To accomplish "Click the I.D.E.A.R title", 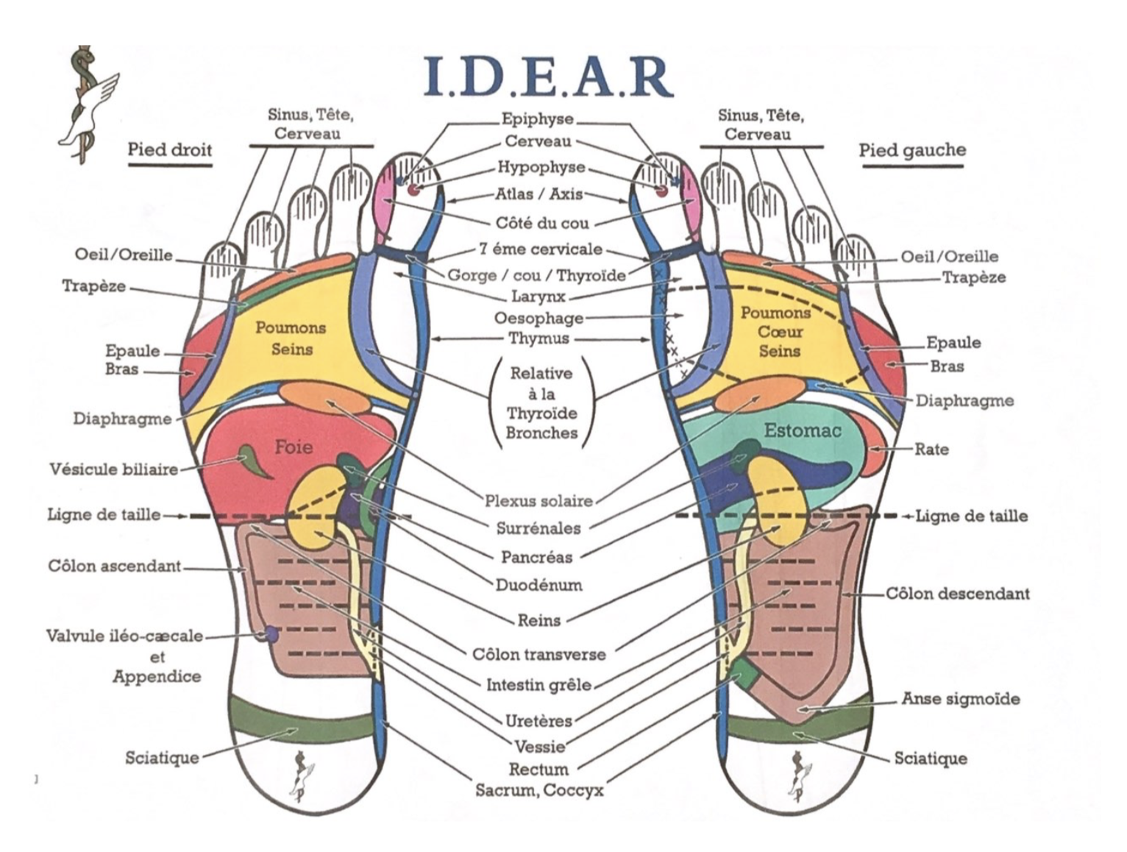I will tap(548, 77).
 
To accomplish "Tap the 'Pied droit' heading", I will tap(169, 150).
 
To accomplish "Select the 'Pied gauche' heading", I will tap(912, 151).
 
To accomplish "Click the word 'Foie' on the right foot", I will tap(294, 447).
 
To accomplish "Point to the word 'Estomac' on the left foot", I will tap(802, 430).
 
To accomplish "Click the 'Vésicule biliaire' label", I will tap(114, 469).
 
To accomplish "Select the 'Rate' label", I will tap(931, 449).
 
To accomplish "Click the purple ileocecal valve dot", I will tap(271, 633).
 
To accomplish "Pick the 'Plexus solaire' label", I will tap(538, 501).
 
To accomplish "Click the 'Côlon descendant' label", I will tap(958, 593).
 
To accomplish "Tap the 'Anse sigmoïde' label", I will tap(961, 698).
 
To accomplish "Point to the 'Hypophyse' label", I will tap(541, 167).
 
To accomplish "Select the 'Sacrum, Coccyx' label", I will tap(539, 790).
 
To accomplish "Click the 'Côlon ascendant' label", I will tap(115, 566).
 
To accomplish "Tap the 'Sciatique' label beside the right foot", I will tap(162, 757).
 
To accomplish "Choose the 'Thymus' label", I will tap(539, 338).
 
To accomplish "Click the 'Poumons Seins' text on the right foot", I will tap(291, 338).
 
